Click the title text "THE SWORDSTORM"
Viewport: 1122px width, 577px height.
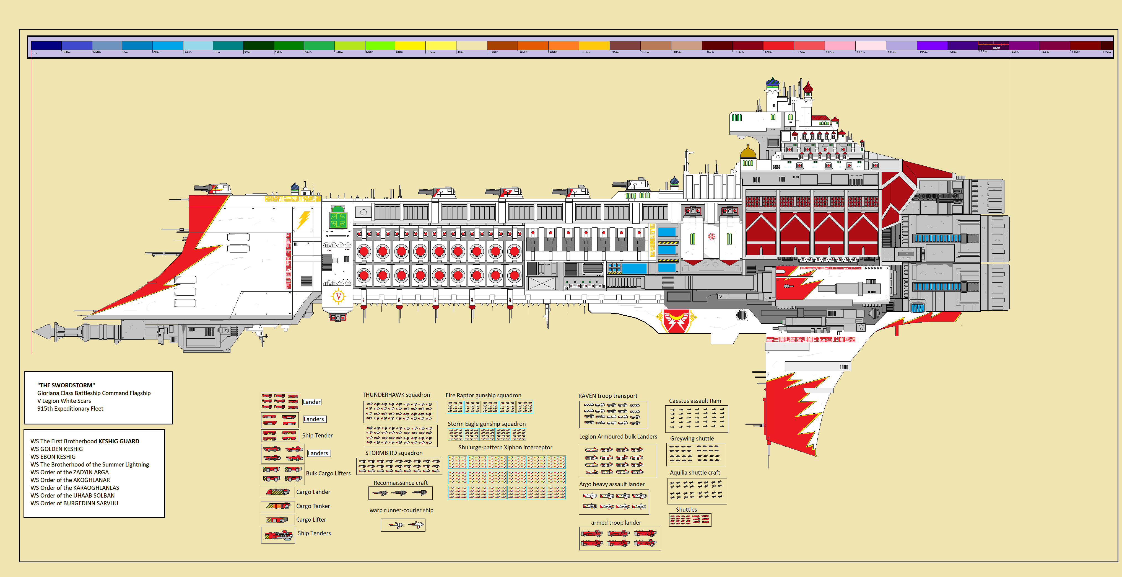tap(66, 385)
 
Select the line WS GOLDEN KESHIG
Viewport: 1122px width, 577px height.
tap(57, 449)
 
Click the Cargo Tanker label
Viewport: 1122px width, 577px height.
tap(313, 506)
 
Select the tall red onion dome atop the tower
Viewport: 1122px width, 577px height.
tap(808, 87)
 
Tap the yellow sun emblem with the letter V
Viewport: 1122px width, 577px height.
tap(338, 296)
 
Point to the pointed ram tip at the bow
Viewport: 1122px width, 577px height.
tap(39, 332)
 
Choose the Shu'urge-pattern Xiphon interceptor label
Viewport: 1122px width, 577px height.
tap(505, 448)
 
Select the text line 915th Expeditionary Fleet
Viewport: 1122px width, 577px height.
tap(70, 409)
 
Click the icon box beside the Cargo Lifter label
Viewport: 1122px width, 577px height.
tap(277, 519)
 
